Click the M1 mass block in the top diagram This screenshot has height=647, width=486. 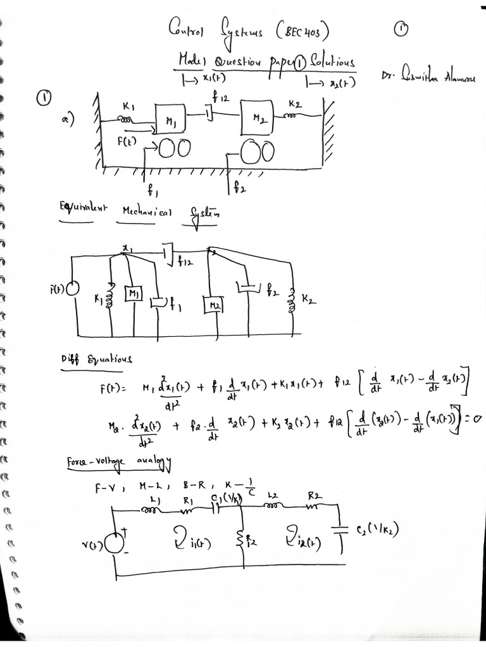pyautogui.click(x=170, y=119)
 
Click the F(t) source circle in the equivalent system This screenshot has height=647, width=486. pyautogui.click(x=73, y=288)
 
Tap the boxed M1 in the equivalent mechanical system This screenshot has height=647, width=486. pyautogui.click(x=134, y=294)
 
